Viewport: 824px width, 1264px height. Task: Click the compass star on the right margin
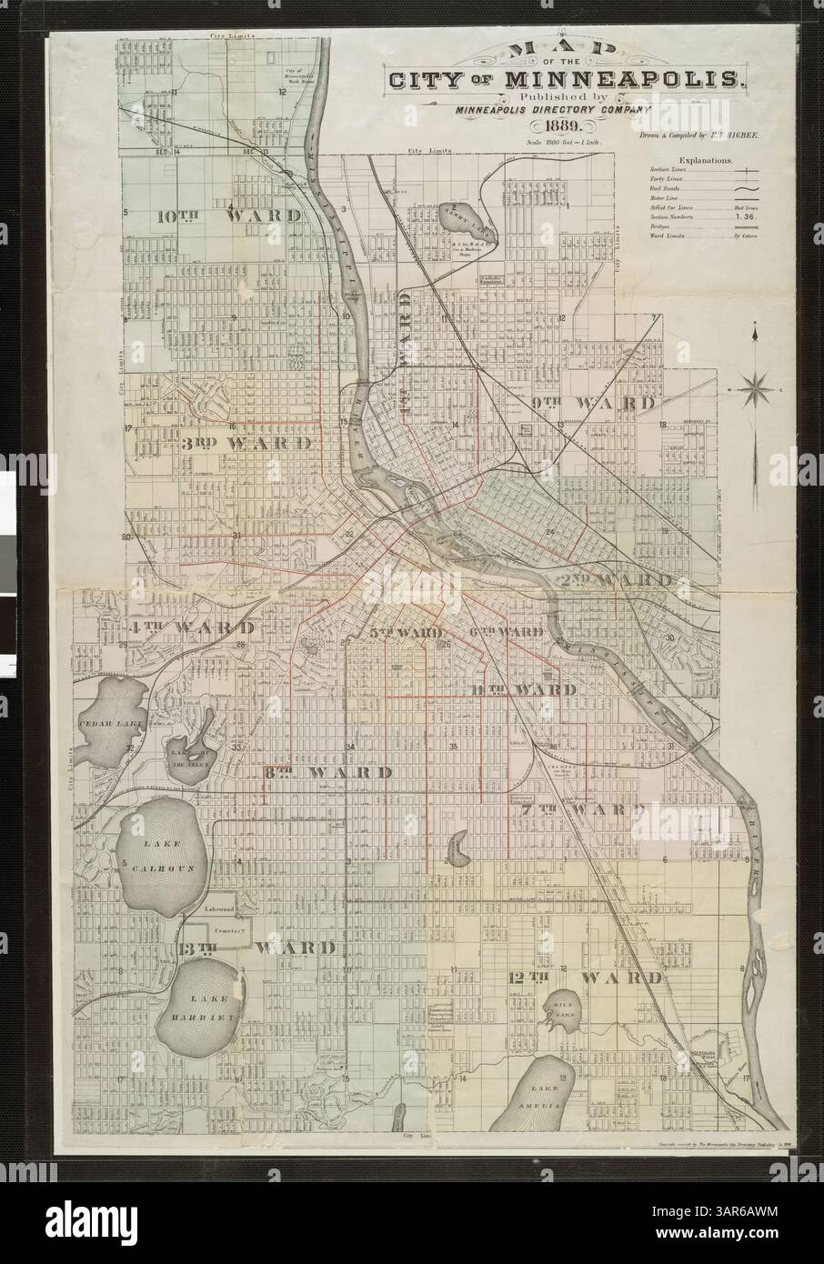pos(754,392)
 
